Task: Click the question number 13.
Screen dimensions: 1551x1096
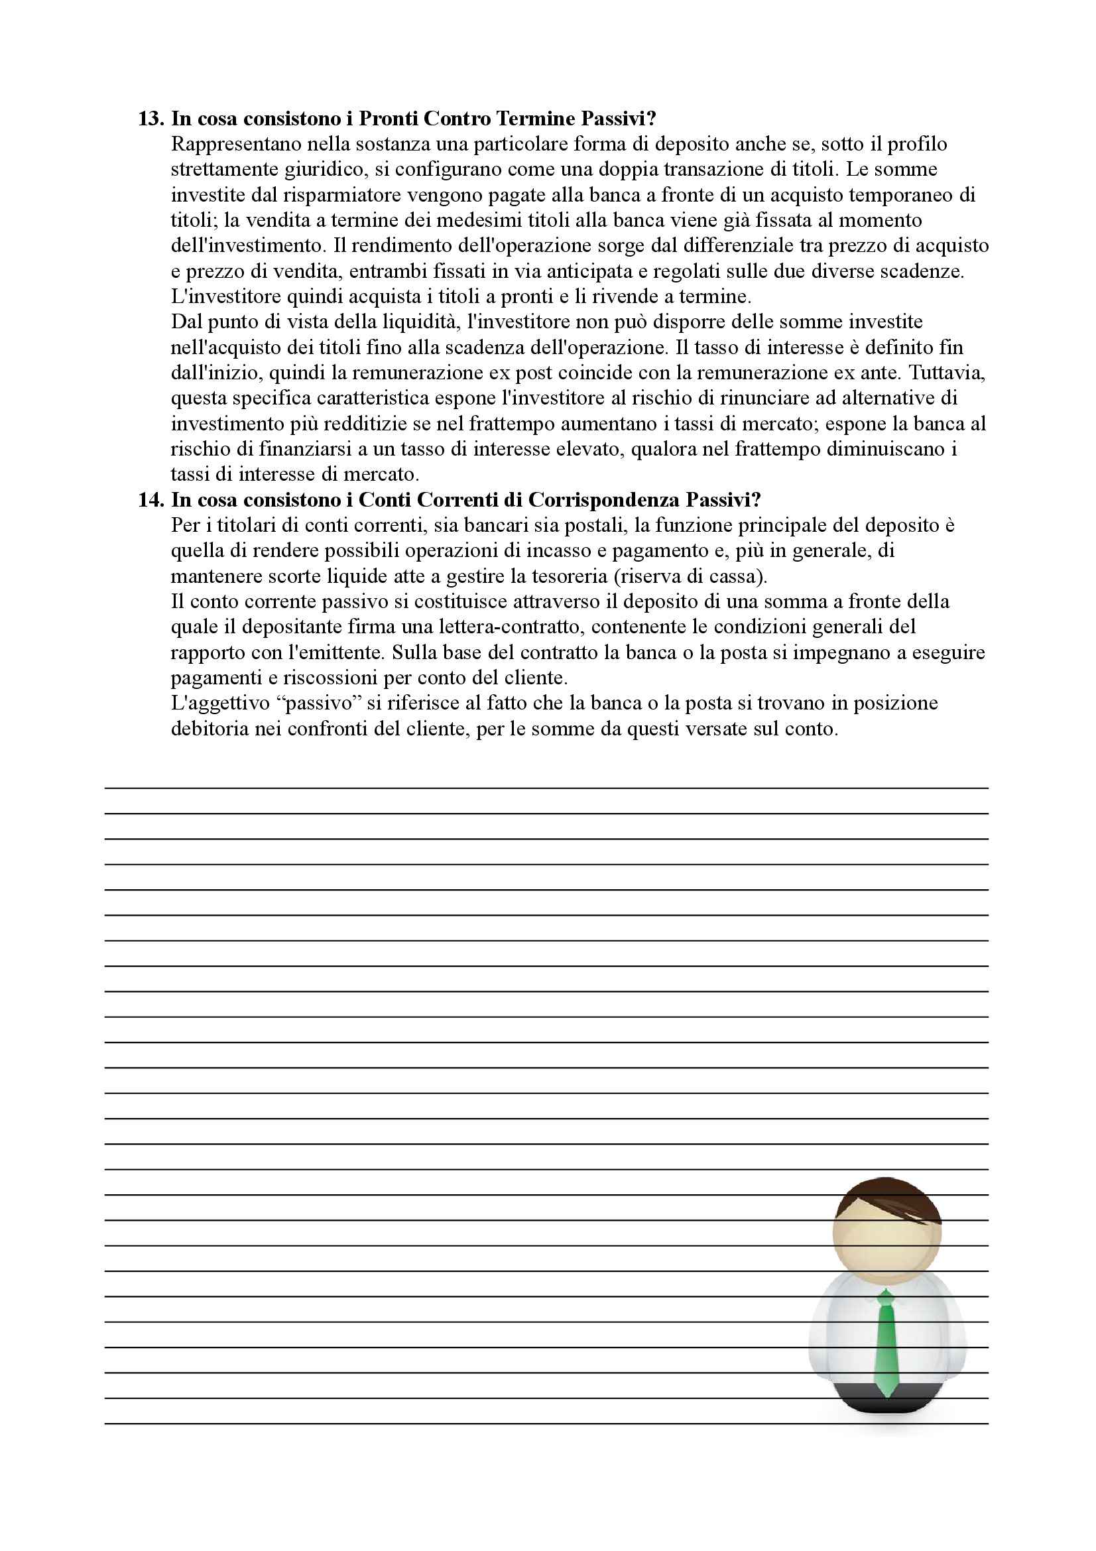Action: [x=151, y=119]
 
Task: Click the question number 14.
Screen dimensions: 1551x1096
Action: [x=151, y=500]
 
